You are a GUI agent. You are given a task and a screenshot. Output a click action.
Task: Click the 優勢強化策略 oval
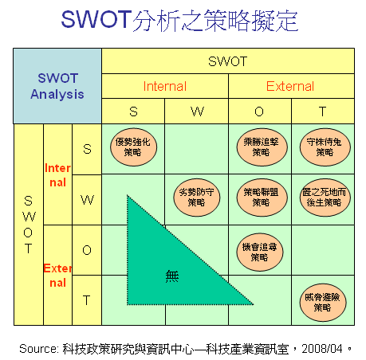(x=133, y=147)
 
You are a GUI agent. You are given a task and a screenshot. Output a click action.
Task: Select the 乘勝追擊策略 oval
(x=262, y=147)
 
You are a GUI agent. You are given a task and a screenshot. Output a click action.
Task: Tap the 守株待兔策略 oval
(x=325, y=147)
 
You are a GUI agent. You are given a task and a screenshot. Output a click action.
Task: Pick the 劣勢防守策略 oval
(x=197, y=198)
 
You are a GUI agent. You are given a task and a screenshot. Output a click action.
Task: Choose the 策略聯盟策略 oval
(x=262, y=198)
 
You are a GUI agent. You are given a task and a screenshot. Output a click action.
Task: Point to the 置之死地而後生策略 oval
(x=325, y=198)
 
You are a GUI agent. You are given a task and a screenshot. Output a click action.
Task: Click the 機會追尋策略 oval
(x=260, y=252)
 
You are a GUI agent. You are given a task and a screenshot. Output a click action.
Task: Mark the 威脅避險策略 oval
(x=323, y=303)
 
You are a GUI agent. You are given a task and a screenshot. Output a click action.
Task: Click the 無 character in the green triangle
(x=172, y=276)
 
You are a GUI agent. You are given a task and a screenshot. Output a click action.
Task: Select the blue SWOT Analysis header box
(x=57, y=86)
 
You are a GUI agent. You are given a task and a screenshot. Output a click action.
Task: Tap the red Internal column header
(x=165, y=86)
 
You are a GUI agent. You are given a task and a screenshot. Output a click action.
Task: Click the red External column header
(x=290, y=86)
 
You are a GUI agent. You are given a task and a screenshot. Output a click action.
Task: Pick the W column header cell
(x=197, y=112)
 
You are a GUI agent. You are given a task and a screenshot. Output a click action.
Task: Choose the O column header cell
(x=260, y=112)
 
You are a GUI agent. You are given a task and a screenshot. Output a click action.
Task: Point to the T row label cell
(x=87, y=300)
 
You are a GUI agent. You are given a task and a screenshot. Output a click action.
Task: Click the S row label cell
(x=87, y=149)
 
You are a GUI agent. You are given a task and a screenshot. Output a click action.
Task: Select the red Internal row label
(x=57, y=175)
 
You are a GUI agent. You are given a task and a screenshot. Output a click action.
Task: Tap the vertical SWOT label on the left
(x=29, y=225)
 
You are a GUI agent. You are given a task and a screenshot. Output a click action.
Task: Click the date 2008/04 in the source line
(x=322, y=349)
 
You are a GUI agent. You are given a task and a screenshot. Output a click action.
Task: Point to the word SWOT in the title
(x=96, y=19)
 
